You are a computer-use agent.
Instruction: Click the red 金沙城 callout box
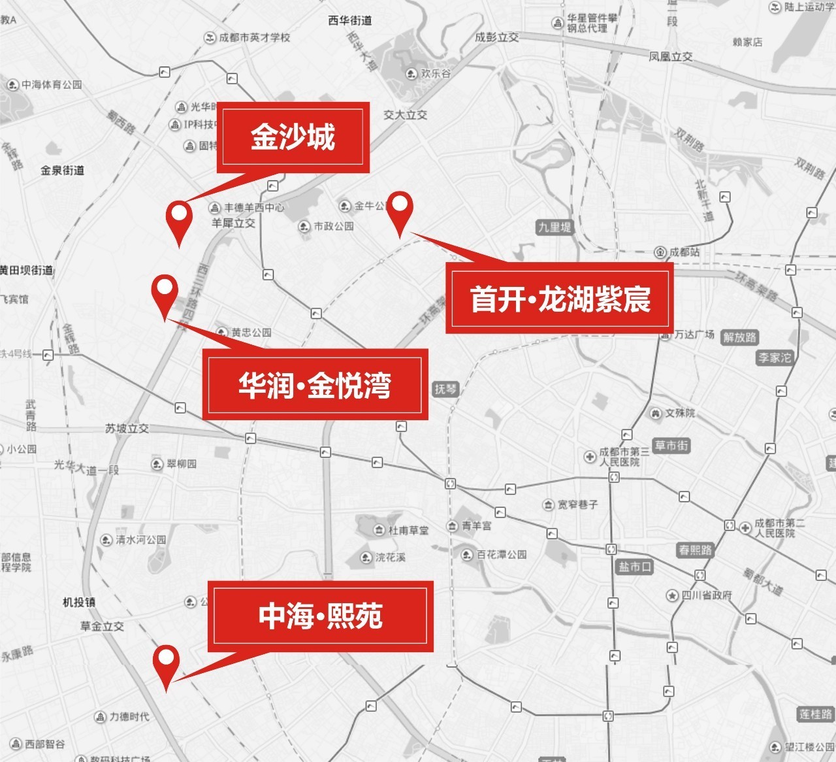293,138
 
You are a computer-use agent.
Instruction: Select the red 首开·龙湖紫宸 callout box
559,298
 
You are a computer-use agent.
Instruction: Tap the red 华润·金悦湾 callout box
315,384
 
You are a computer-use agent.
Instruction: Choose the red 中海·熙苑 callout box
320,616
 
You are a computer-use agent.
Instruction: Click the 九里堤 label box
554,227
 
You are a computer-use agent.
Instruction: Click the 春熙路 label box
695,550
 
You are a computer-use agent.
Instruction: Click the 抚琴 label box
445,389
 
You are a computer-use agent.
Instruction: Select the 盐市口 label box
635,567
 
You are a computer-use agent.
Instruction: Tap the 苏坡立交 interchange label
127,429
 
